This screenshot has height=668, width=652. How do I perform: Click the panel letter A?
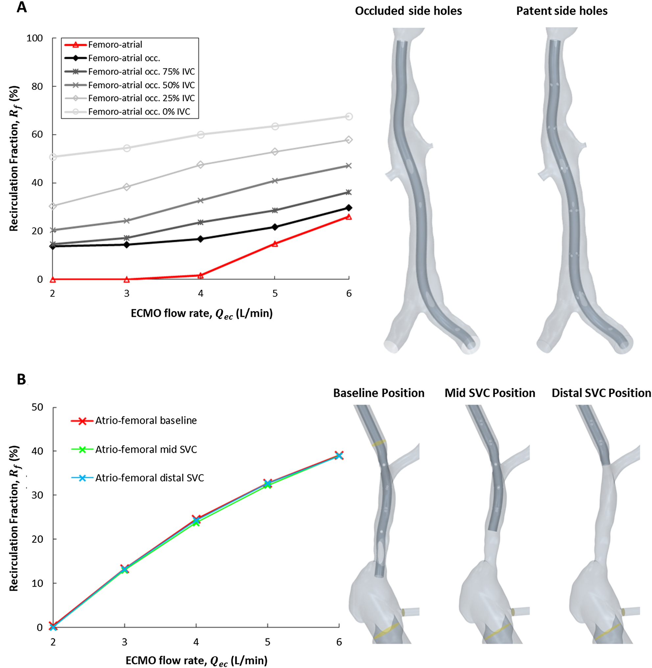coord(21,7)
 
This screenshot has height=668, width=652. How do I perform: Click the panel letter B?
coord(21,379)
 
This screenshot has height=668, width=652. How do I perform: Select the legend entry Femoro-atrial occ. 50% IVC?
coord(141,85)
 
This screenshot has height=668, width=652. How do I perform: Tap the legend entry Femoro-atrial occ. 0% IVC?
coord(139,112)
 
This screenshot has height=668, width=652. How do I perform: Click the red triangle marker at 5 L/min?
coord(275,244)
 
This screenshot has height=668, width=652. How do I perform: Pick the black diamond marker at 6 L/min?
coord(349,208)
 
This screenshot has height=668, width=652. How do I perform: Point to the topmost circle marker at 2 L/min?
coord(53,157)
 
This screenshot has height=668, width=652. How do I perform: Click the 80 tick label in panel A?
coord(36,86)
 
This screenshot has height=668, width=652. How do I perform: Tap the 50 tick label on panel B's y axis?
coord(38,407)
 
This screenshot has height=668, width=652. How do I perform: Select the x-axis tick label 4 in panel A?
coord(201,294)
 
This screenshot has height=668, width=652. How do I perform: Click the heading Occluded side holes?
coord(408,11)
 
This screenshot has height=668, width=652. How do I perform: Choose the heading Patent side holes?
coord(562,11)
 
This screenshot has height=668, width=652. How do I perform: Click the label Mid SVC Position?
coord(490,393)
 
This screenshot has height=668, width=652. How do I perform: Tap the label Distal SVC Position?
coord(601,393)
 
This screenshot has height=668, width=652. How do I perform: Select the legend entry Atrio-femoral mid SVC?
coord(146,449)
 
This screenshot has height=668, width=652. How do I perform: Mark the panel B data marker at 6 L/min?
coord(339,455)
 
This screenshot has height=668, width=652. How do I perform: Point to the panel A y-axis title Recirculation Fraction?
coord(14,158)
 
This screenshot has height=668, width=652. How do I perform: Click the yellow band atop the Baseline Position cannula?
coord(379,443)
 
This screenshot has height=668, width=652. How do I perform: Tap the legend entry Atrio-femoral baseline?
coord(146,421)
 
